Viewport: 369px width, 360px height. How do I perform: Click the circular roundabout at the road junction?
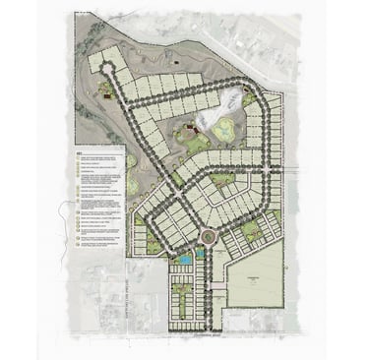pos(207,236)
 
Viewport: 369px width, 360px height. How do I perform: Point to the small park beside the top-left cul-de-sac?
pos(104,90)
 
